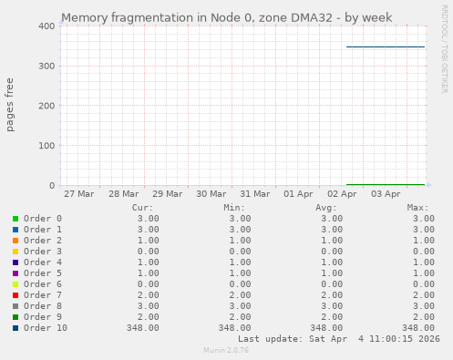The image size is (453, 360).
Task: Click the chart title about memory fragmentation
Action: [226, 17]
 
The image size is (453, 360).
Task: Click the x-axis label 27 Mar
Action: [79, 194]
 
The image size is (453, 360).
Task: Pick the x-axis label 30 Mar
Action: [211, 194]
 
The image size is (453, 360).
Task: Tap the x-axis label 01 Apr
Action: [299, 194]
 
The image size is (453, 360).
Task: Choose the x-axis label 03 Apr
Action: [386, 194]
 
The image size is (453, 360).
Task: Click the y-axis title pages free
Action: [11, 106]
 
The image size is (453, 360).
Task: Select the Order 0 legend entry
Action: [43, 219]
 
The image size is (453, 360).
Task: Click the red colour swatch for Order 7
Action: [15, 295]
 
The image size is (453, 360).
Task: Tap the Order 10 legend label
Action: [46, 328]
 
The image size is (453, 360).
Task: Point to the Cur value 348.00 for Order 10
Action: [142, 328]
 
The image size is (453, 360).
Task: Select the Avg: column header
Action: [327, 208]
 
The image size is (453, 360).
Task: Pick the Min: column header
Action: [234, 208]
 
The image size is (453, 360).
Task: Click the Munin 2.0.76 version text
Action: [226, 350]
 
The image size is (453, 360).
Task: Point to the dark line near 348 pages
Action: [386, 46]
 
